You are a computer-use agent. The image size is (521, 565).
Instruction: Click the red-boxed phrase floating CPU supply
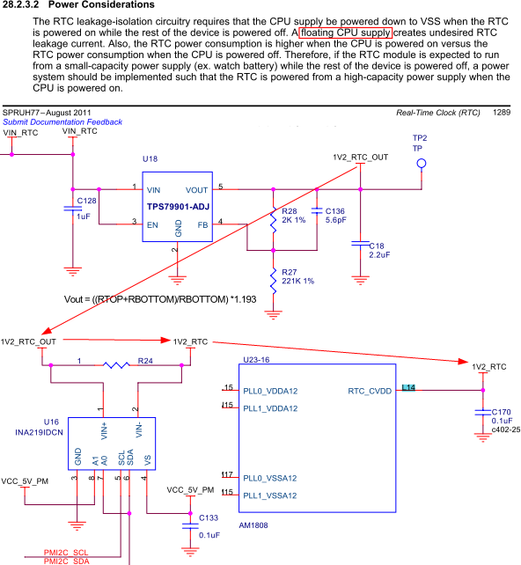(345, 33)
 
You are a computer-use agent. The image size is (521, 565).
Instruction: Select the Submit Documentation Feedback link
(62, 121)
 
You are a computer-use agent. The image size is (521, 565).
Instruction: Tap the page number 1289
(502, 113)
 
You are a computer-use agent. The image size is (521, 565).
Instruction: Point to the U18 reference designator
(150, 159)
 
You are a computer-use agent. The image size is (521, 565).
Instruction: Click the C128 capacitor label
(87, 202)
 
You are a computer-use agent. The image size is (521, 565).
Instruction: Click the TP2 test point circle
(422, 165)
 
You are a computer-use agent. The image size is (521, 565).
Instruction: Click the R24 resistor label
(145, 360)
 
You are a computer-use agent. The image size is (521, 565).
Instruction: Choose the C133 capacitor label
(209, 518)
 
